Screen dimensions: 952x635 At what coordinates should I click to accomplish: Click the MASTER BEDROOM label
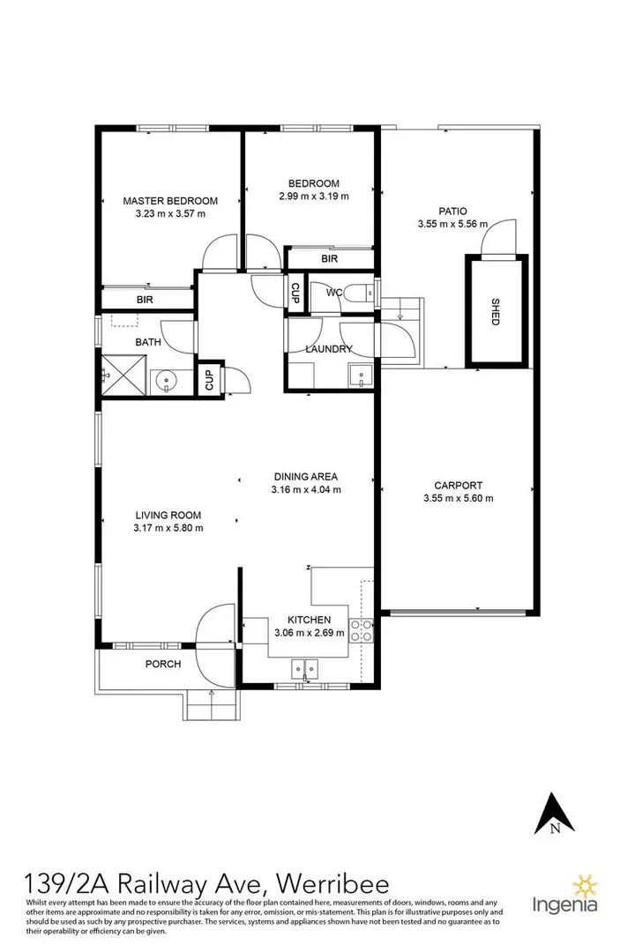point(170,200)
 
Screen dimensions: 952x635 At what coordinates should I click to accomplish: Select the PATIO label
point(453,212)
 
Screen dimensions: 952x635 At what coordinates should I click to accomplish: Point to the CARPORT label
point(457,485)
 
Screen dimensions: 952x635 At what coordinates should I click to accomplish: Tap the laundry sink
point(362,377)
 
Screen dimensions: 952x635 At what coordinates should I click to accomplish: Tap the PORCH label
point(163,664)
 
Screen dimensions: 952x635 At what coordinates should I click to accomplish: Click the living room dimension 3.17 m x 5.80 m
point(168,528)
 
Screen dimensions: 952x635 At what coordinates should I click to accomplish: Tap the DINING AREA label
point(306,477)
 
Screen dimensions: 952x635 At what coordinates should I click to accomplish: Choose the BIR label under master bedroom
point(146,301)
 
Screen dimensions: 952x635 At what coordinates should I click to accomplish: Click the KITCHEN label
point(309,621)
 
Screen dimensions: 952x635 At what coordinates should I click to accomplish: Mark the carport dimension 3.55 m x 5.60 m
point(457,498)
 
